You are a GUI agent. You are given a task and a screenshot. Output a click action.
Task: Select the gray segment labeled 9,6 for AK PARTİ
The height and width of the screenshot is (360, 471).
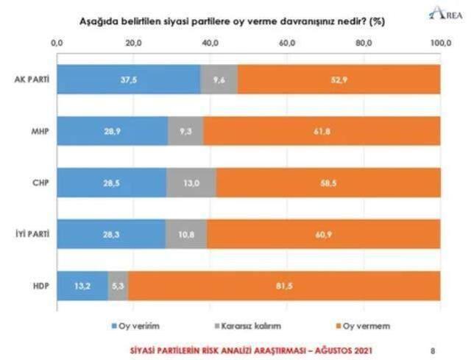coord(219,79)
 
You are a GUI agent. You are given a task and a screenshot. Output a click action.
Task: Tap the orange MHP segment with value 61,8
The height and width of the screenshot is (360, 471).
coord(322,130)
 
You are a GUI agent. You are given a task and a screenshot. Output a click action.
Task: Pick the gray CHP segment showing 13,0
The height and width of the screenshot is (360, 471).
coord(191,182)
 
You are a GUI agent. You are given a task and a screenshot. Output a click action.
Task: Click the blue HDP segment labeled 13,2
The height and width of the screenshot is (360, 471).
coord(82,285)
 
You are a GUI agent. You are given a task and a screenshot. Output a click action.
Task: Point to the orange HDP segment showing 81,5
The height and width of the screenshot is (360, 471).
coord(283,285)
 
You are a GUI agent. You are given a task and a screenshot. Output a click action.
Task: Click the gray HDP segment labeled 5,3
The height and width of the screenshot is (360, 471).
coord(118,285)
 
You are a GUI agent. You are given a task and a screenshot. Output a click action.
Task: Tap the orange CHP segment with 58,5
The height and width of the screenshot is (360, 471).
coord(328,182)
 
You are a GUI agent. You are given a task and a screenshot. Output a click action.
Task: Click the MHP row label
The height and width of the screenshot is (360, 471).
coord(38,130)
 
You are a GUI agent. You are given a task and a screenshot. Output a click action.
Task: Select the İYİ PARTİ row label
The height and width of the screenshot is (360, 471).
coord(32,233)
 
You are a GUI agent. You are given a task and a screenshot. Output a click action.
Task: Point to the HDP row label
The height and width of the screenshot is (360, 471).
coord(38,285)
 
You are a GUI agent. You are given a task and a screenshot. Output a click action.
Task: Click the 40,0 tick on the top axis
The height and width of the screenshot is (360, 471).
coord(210,44)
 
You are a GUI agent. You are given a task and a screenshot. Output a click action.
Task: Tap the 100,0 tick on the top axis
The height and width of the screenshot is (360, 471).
coord(439,44)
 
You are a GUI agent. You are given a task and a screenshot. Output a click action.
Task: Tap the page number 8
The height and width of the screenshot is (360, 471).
coord(432,350)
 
